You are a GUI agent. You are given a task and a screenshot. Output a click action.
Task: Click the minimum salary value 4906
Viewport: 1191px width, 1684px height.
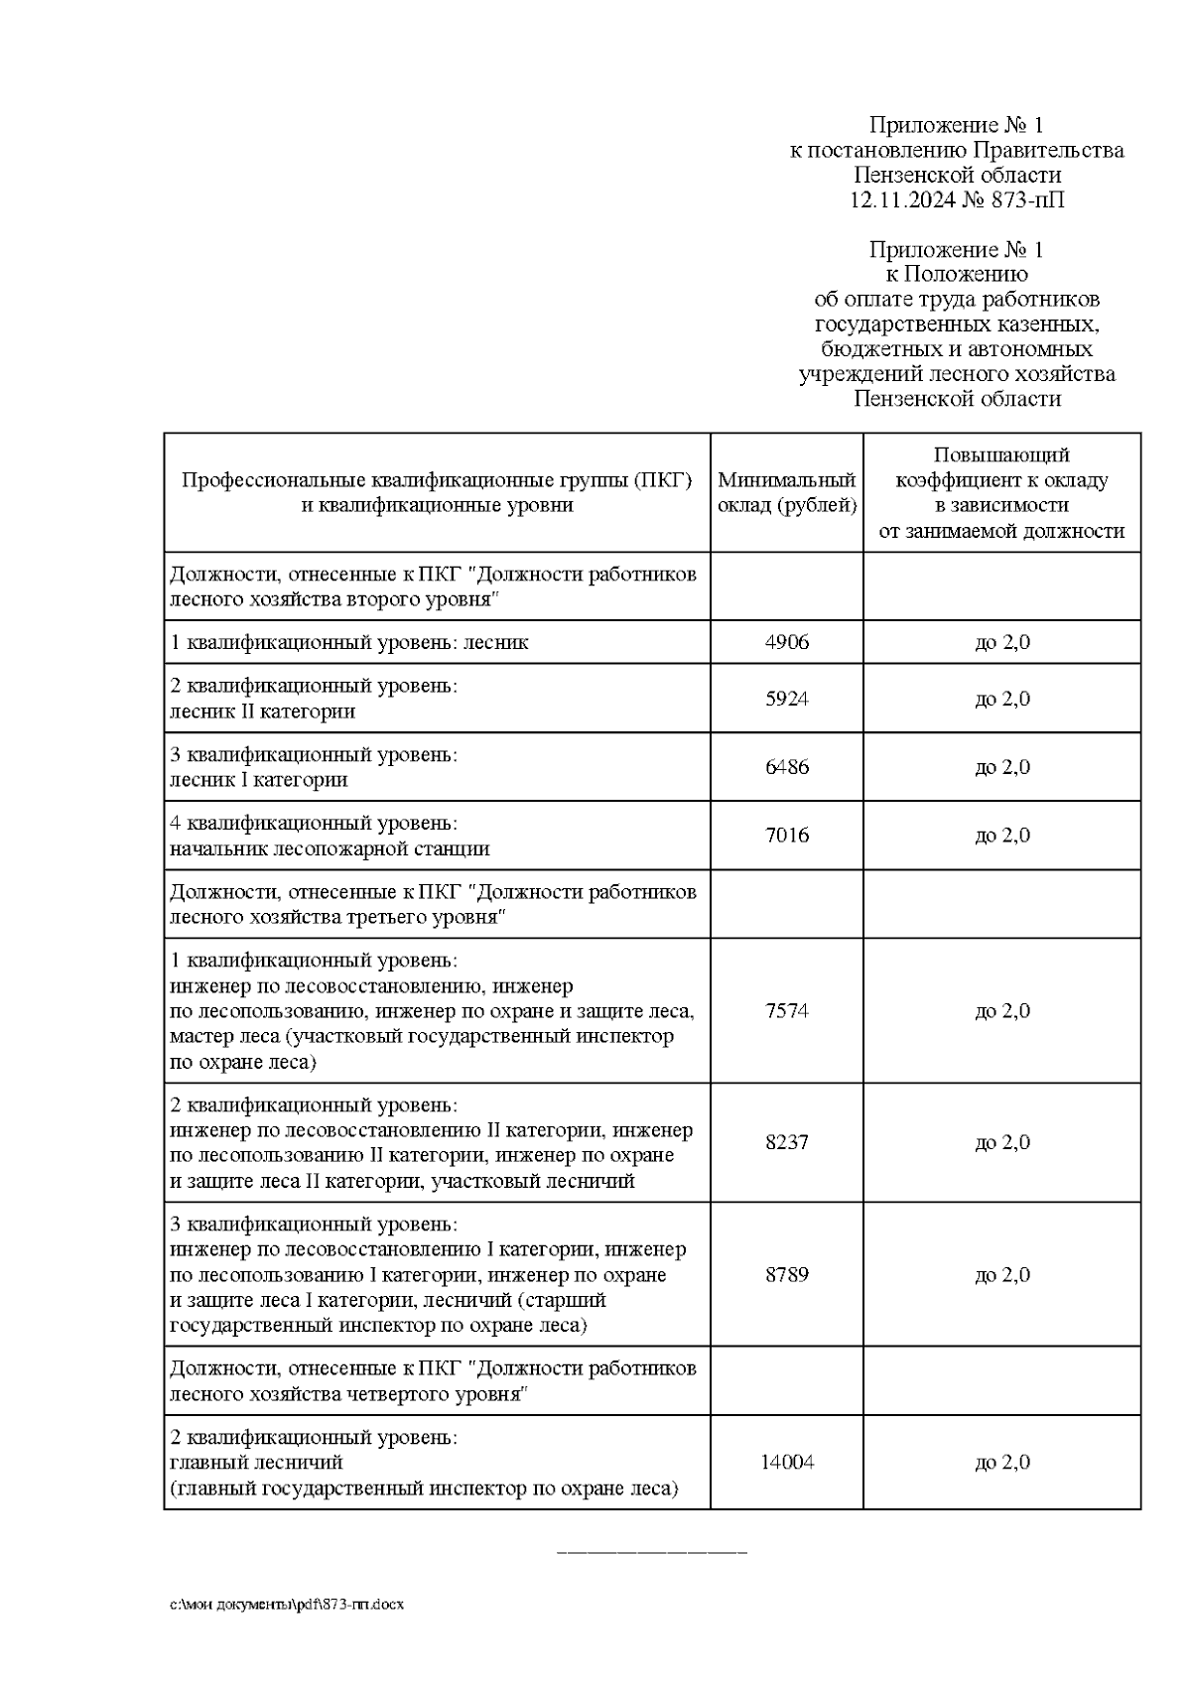[x=786, y=642]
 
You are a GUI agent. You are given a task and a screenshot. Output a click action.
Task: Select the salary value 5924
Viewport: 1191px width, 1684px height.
[x=786, y=699]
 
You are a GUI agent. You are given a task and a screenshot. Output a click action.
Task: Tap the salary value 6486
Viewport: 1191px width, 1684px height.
[x=786, y=767]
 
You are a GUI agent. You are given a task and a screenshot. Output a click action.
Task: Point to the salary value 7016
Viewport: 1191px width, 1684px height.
[x=786, y=836]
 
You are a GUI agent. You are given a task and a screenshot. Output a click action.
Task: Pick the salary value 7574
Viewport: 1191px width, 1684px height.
[x=786, y=1011]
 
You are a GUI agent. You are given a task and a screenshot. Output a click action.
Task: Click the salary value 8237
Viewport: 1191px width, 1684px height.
[x=786, y=1142]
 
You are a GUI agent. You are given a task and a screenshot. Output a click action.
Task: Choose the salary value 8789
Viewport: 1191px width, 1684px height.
[x=786, y=1274]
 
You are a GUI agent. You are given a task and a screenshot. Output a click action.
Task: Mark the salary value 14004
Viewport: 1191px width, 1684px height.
[x=786, y=1463]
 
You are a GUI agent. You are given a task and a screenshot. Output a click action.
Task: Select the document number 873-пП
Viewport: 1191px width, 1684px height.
[x=1027, y=200]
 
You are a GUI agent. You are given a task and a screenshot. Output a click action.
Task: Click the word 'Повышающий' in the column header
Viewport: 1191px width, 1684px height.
[x=1001, y=455]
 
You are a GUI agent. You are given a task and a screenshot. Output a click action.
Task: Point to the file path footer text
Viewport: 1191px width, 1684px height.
[x=285, y=1605]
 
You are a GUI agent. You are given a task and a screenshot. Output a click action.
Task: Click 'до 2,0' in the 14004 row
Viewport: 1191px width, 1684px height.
[x=1001, y=1463]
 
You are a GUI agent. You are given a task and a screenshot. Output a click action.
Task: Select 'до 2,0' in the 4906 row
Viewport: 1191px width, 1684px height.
[x=1001, y=642]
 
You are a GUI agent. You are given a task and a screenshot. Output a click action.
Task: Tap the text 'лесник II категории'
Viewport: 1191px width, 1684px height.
[x=262, y=712]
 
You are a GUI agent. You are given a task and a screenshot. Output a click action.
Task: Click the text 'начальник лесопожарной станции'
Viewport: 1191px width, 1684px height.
[x=330, y=848]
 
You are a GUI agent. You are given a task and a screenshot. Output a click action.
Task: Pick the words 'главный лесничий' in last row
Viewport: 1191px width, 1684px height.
[x=256, y=1463]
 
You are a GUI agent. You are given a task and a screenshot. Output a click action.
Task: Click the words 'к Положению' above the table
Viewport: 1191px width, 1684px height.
[x=956, y=274]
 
